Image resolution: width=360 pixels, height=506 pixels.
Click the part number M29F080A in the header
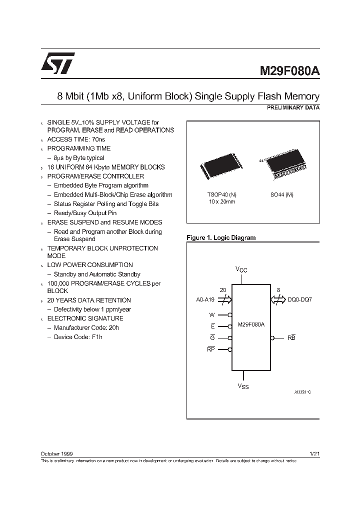click(x=289, y=71)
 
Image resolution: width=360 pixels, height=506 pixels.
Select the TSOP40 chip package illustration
click(x=221, y=166)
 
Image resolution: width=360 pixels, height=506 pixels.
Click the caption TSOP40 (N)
click(x=221, y=194)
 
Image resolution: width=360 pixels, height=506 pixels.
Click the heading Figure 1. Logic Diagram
click(x=221, y=238)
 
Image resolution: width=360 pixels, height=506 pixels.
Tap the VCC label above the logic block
click(x=241, y=269)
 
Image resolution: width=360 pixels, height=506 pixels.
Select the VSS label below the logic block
click(x=242, y=386)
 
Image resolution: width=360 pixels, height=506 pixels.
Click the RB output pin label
click(x=291, y=338)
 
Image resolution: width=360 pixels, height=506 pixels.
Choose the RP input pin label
click(x=210, y=349)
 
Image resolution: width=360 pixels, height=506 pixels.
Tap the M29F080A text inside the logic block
click(x=251, y=324)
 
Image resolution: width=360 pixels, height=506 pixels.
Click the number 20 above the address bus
click(x=223, y=289)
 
